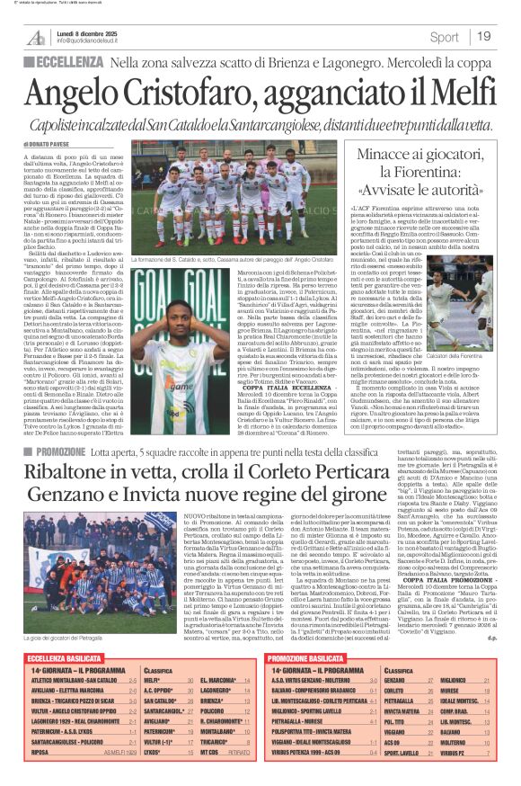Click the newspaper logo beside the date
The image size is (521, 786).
tap(36, 37)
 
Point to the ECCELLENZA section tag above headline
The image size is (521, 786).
tap(72, 61)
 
